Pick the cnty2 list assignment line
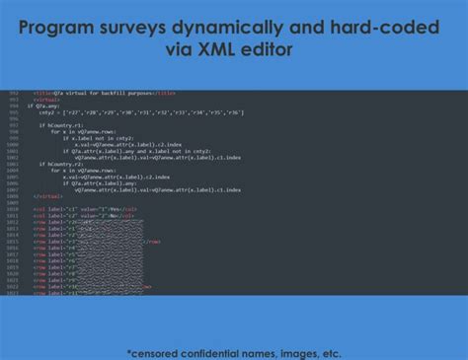tap(138, 113)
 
